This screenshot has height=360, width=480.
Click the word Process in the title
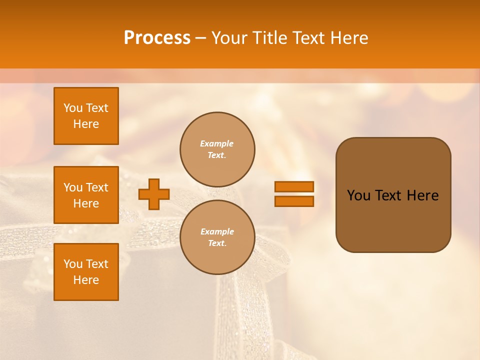click(157, 38)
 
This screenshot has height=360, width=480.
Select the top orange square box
click(86, 116)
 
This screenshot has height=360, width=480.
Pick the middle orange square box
click(86, 195)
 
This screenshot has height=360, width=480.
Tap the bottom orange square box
click(86, 272)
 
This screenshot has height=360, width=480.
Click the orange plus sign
click(154, 194)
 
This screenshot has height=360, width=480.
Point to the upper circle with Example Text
click(217, 149)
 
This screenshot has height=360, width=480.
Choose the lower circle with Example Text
click(217, 237)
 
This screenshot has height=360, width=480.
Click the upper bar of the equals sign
click(294, 186)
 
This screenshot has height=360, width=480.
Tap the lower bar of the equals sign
click(294, 201)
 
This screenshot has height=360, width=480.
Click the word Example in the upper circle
click(216, 143)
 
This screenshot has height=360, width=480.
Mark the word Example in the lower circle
click(216, 231)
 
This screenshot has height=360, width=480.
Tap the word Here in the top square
click(86, 124)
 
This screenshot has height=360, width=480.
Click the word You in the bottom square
click(73, 264)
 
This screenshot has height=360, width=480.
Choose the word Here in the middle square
click(86, 203)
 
